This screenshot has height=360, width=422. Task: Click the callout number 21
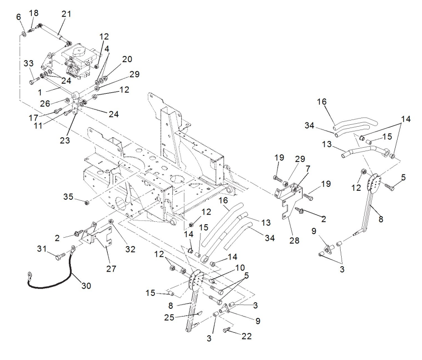pos(66,14)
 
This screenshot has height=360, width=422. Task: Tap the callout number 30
pos(86,285)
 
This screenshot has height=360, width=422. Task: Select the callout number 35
pos(68,196)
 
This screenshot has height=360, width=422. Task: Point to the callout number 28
pos(294,240)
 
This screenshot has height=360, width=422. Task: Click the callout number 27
pos(111,268)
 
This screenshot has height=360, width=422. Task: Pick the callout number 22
pos(246,336)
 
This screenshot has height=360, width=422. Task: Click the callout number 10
pos(240,268)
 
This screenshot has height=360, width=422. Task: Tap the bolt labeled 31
pos(60,256)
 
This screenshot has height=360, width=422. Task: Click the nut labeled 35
pos(87,202)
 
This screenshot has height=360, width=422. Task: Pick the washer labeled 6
pos(24,34)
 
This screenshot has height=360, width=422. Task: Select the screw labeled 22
pos(226,329)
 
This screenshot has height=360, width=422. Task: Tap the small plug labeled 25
pos(200,313)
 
